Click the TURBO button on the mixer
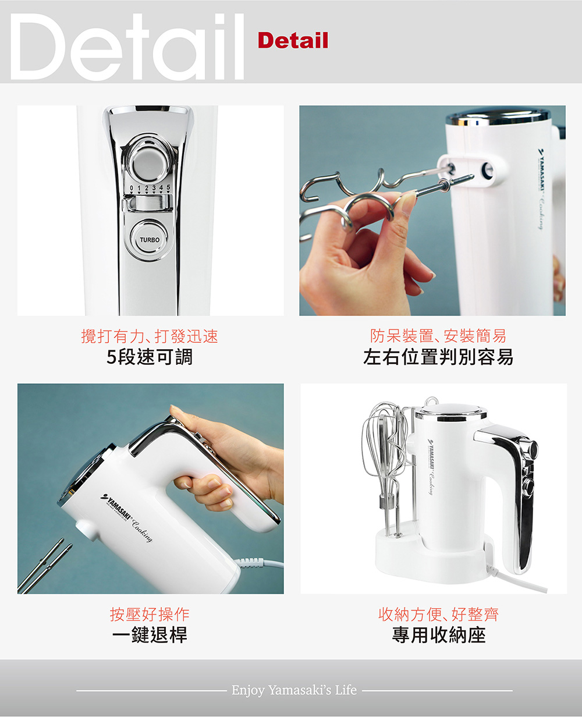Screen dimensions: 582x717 [149, 240]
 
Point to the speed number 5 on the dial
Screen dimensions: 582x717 [168, 187]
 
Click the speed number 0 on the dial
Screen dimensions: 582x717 [132, 188]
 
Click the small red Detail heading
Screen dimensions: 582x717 [293, 40]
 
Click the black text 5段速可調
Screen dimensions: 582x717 [150, 357]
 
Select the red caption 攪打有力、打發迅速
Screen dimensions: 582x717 [150, 336]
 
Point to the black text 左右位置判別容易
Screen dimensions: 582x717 [438, 357]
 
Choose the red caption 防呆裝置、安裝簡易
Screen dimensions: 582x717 [438, 336]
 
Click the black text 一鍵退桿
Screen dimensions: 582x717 [150, 635]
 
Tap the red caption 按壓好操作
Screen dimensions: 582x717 [150, 614]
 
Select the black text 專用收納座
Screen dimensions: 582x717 [439, 635]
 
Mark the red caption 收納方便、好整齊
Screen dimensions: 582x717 [438, 614]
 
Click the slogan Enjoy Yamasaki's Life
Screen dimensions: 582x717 [294, 690]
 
